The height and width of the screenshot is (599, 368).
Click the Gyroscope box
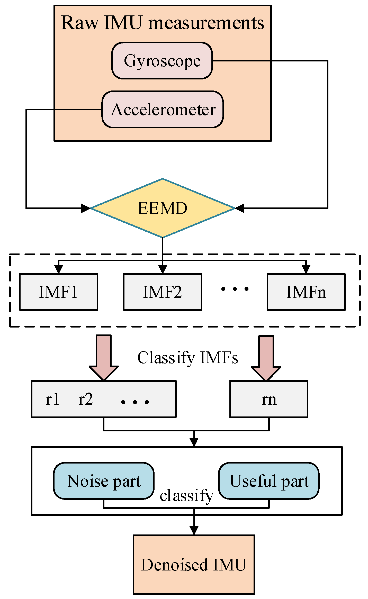[162, 61]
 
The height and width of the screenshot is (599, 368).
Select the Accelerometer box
[163, 110]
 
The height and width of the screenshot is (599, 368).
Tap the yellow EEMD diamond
[163, 208]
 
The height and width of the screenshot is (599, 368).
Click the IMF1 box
[58, 292]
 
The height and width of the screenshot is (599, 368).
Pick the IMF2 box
[162, 292]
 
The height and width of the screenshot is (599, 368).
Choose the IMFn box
[306, 292]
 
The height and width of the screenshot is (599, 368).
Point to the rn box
[268, 399]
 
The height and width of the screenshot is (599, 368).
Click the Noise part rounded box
[104, 481]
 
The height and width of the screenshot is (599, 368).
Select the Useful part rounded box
[269, 481]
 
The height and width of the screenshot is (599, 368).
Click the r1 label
[52, 399]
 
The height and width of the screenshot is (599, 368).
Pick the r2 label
[86, 399]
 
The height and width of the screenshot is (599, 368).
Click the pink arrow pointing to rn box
[266, 359]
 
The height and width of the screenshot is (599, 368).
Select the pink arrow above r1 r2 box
[104, 358]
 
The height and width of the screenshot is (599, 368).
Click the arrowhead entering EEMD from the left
[85, 208]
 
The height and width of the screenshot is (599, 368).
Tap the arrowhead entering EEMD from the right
[240, 208]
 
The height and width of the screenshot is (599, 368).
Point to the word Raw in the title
[80, 23]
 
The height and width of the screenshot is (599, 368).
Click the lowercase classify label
[186, 496]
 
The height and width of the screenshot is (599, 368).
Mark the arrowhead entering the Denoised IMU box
[194, 530]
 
